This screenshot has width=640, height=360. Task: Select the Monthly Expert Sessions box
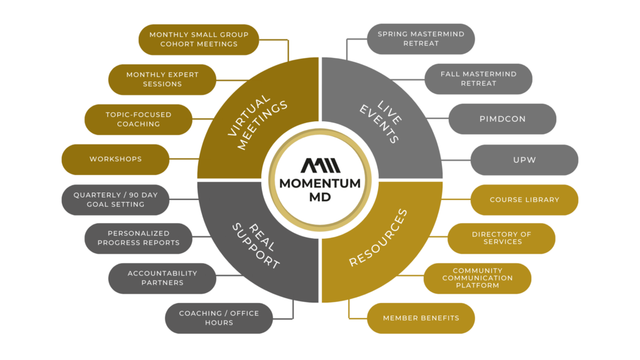pos(162,79)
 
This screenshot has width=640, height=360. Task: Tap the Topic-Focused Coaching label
pos(138,119)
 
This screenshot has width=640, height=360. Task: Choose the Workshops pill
pos(115,159)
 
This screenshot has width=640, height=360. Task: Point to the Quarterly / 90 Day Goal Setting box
pos(115,199)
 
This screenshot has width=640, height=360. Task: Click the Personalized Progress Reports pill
pos(138,238)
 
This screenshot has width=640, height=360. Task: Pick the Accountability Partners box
pos(162,278)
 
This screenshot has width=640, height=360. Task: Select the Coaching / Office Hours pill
pos(218,318)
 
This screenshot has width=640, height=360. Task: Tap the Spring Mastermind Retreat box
pos(421,39)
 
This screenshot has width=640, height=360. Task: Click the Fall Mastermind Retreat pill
pos(478,79)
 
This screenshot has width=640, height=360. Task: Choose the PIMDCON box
pos(502,119)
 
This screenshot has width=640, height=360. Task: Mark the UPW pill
pos(524,159)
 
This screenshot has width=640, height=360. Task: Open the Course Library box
pos(524,200)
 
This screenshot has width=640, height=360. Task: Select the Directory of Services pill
pos(502,238)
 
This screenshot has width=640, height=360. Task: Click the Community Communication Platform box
pos(478,278)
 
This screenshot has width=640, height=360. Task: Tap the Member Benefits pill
pos(421,318)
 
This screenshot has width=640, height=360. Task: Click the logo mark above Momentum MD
pos(319,166)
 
